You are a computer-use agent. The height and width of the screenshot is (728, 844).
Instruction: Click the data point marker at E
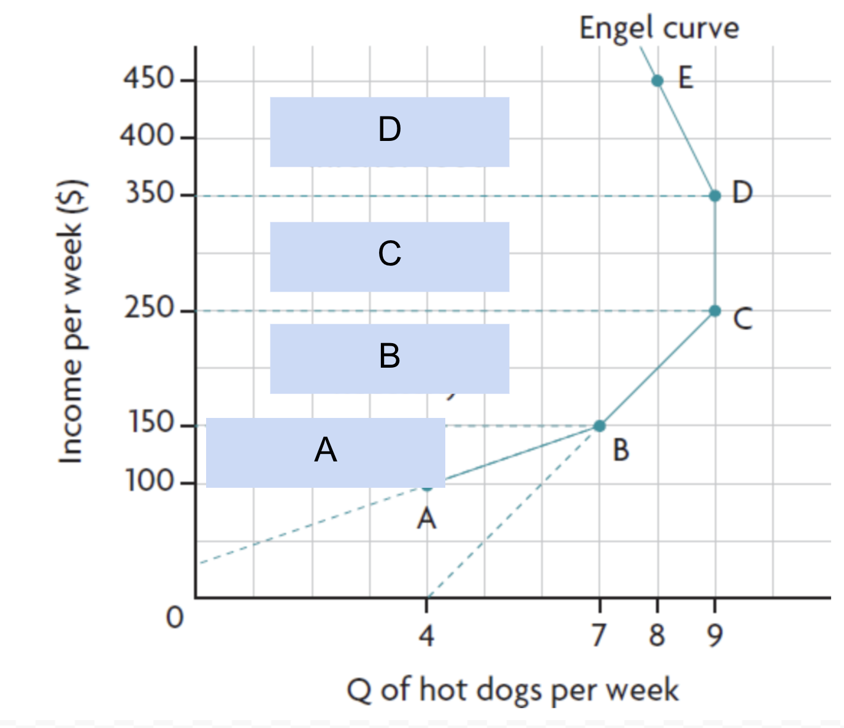click(x=658, y=81)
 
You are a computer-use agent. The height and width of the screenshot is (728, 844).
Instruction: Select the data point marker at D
click(x=715, y=195)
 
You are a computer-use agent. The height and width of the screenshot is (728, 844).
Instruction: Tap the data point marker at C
click(x=715, y=311)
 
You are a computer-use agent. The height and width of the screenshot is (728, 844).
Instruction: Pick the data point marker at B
click(x=600, y=426)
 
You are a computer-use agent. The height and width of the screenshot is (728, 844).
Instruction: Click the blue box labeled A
click(x=325, y=452)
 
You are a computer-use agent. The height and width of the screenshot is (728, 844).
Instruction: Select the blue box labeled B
click(x=389, y=358)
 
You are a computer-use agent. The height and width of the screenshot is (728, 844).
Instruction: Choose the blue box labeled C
click(x=389, y=256)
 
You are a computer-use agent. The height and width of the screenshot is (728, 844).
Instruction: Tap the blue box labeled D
click(x=389, y=132)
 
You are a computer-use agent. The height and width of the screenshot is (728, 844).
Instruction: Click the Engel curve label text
click(x=659, y=28)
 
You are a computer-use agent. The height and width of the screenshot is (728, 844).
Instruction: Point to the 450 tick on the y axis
click(x=149, y=78)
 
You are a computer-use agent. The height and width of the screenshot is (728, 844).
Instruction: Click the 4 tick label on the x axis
click(x=427, y=635)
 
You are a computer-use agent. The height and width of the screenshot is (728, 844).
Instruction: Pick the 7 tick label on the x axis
click(x=600, y=635)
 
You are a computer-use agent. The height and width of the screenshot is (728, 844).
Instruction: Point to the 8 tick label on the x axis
click(x=657, y=635)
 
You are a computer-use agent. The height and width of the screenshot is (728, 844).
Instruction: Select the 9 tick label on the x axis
click(x=715, y=635)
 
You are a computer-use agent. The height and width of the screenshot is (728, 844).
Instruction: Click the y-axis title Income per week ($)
click(x=71, y=322)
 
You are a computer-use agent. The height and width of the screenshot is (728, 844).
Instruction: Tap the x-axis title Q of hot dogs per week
click(x=512, y=690)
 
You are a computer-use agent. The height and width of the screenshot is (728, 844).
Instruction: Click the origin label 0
click(x=175, y=618)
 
